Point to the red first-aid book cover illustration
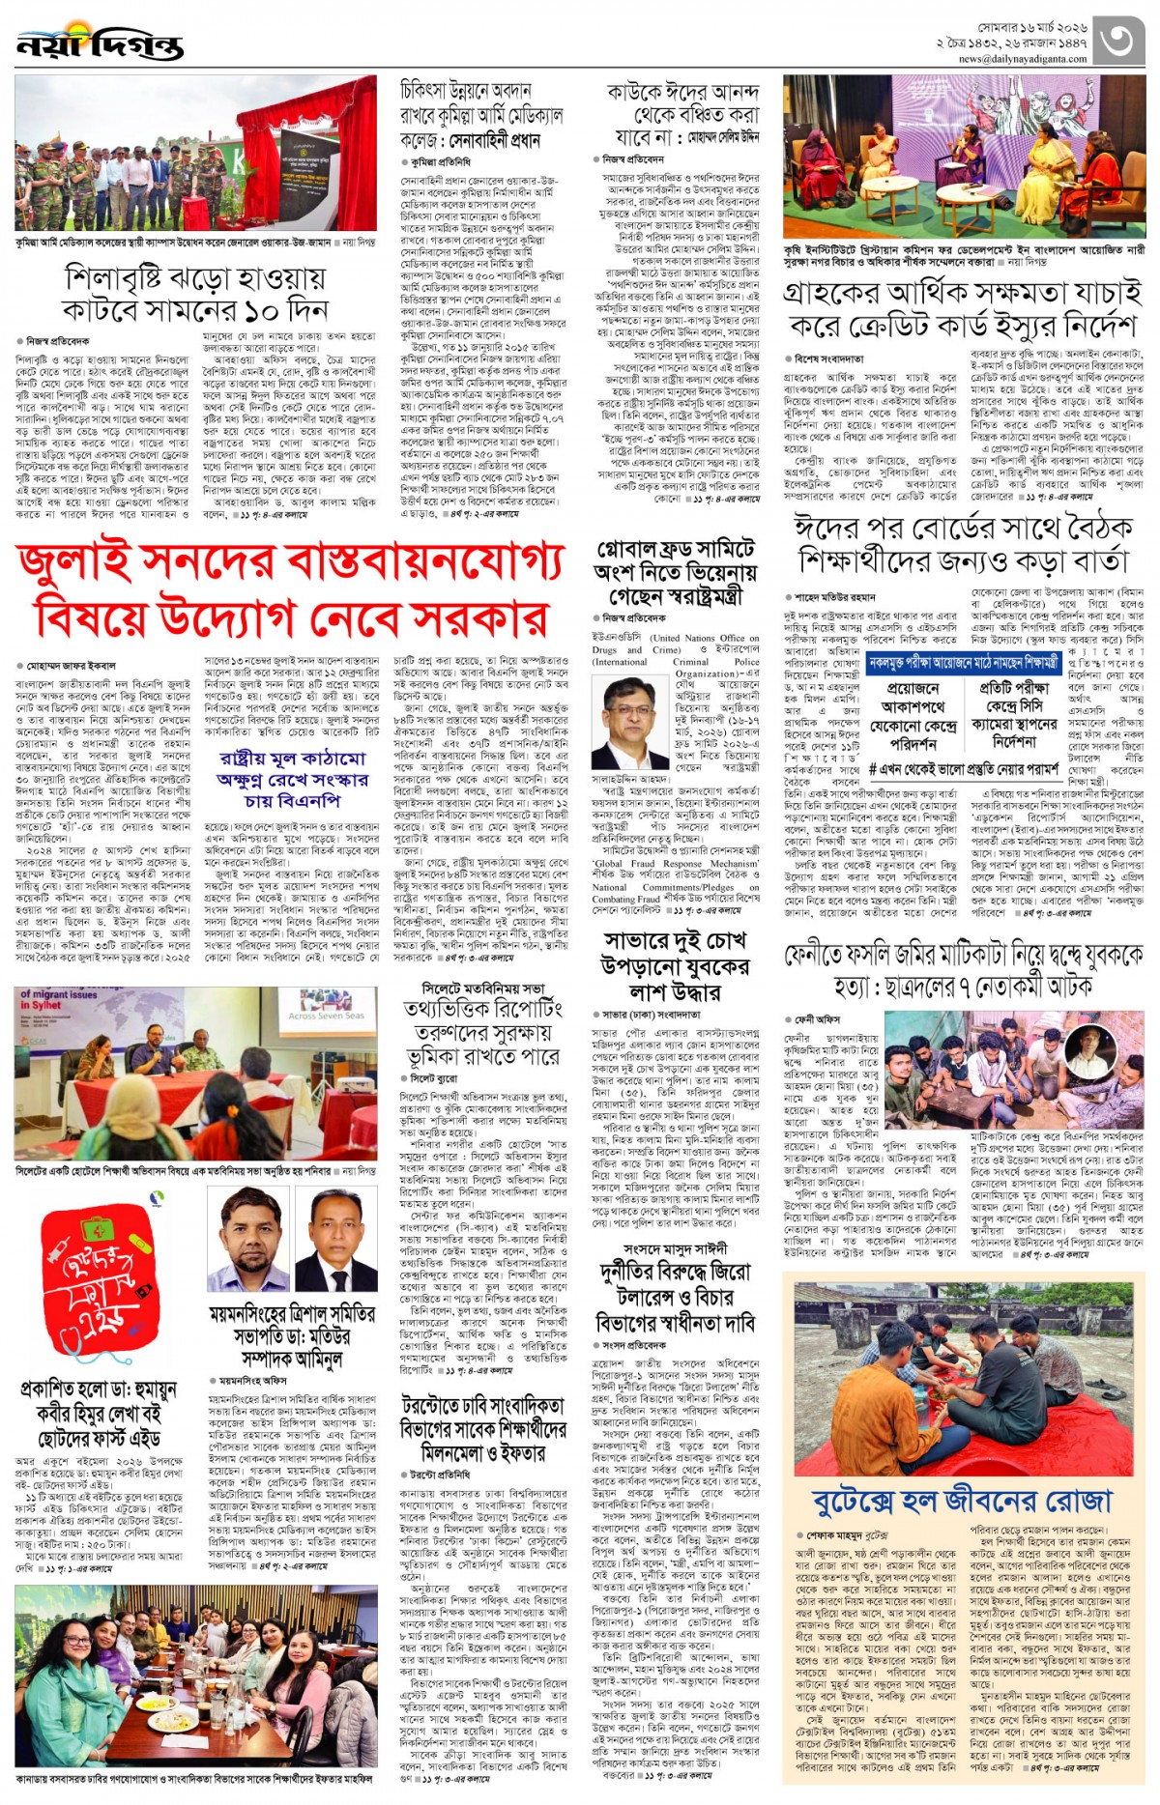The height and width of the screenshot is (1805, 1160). [100, 1280]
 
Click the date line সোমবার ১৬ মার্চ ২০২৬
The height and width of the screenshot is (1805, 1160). [1031, 28]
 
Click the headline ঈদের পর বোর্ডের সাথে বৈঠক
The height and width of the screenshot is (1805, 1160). [963, 543]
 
